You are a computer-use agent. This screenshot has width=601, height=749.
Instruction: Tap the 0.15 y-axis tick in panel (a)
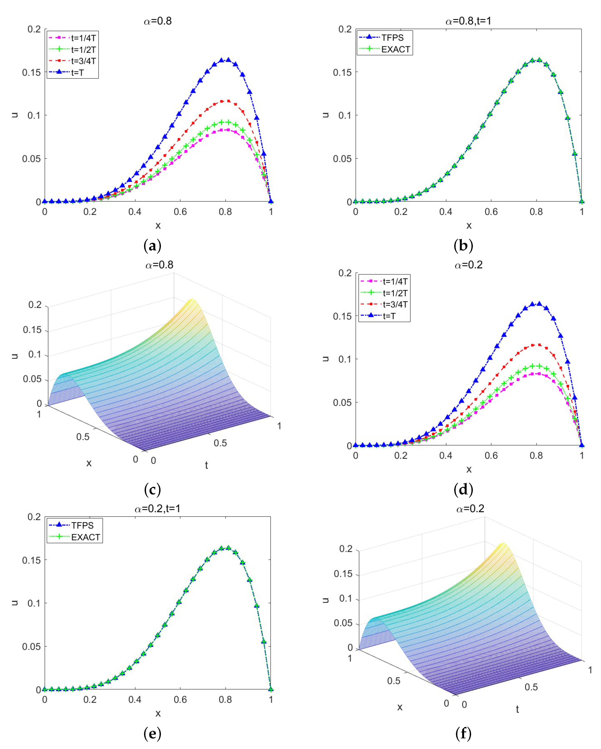pos(31,72)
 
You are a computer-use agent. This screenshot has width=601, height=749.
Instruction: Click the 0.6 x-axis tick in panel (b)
pos(491,212)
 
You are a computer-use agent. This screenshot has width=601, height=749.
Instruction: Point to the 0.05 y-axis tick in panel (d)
pos(342,402)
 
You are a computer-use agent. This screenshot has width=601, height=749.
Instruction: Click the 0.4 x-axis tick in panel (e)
pos(135,699)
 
